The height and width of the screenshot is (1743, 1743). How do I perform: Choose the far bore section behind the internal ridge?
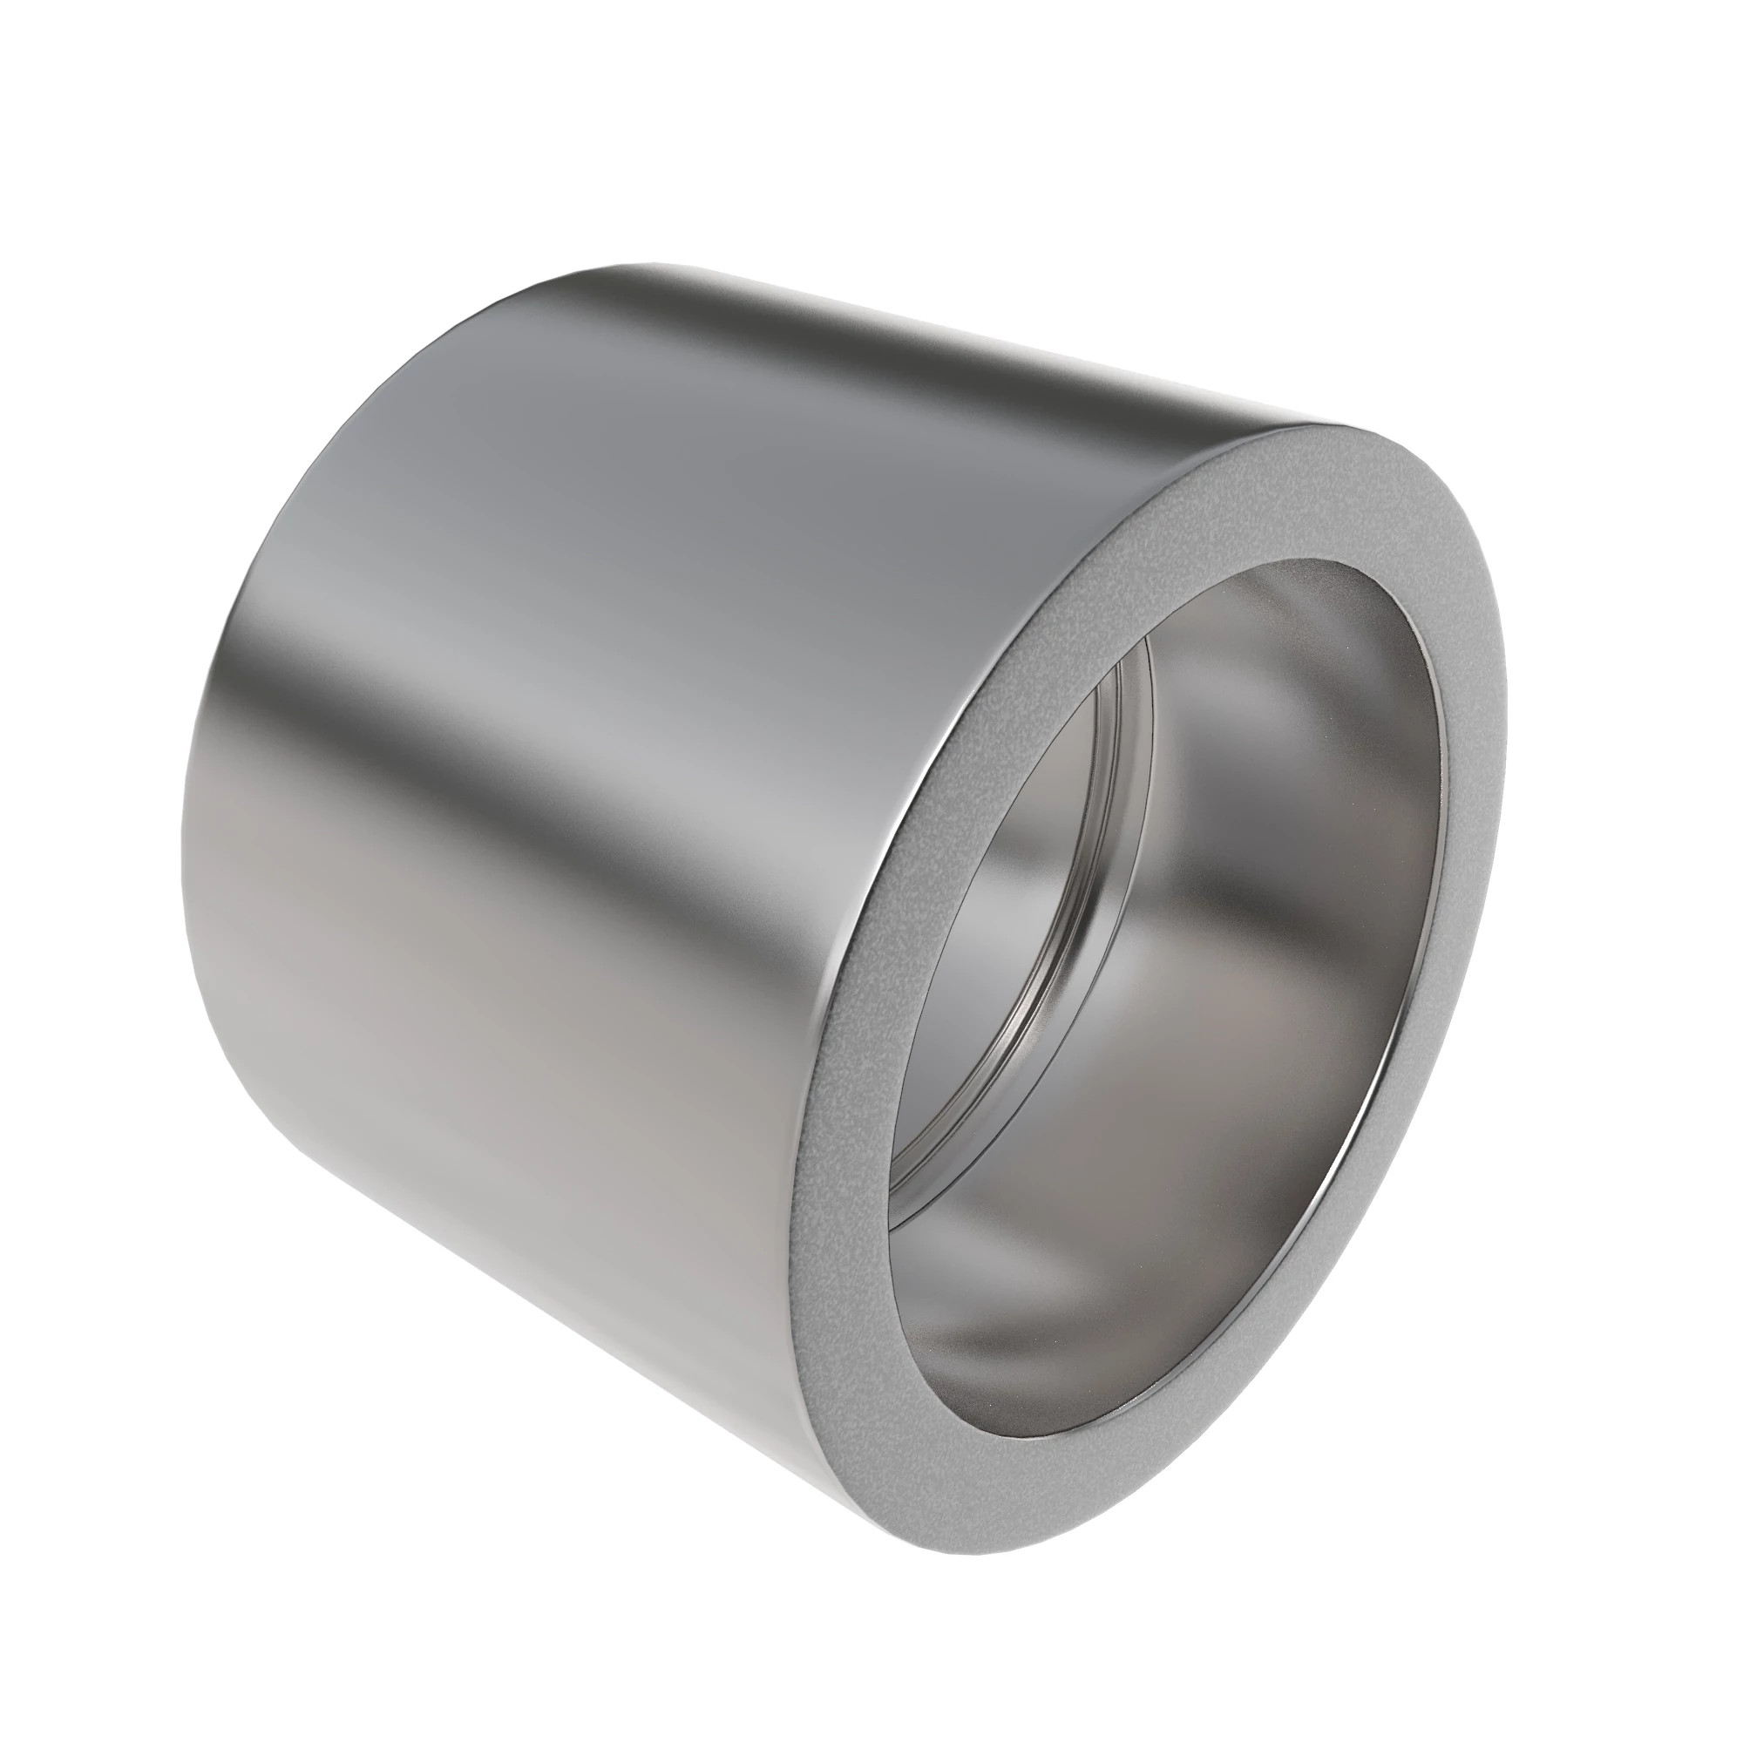point(1010,947)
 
